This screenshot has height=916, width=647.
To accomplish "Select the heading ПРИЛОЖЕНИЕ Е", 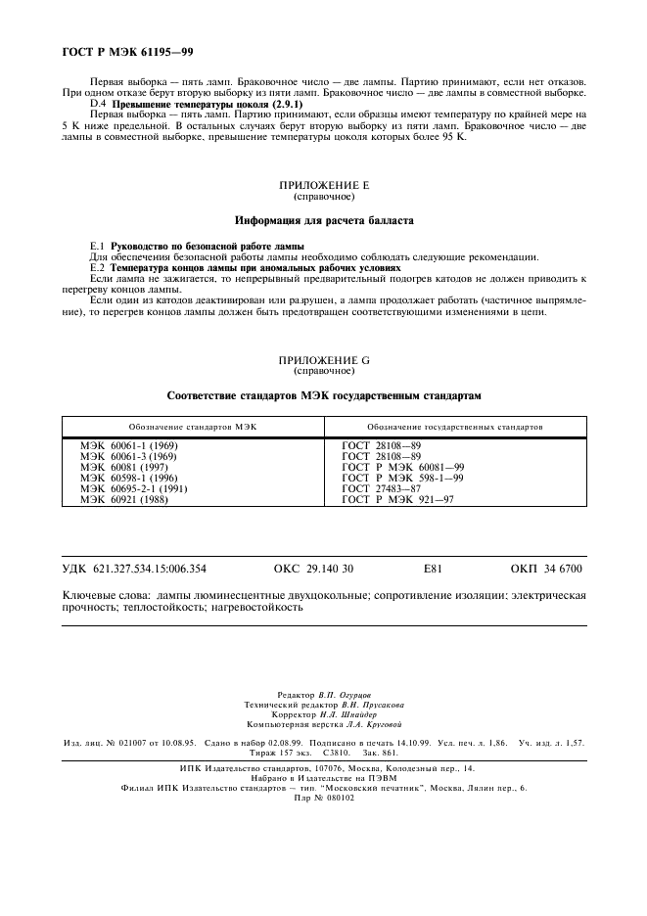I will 324,184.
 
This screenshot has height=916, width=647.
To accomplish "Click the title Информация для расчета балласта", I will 324,221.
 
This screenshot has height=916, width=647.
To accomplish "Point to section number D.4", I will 97,103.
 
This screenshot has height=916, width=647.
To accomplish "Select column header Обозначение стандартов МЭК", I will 192,428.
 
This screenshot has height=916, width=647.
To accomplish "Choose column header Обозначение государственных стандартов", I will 455,428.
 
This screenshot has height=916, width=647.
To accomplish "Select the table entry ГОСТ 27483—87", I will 382,487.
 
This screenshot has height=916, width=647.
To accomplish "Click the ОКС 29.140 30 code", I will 314,569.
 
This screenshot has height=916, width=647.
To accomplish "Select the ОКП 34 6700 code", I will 546,569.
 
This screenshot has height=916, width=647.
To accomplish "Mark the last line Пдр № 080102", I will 323,798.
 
